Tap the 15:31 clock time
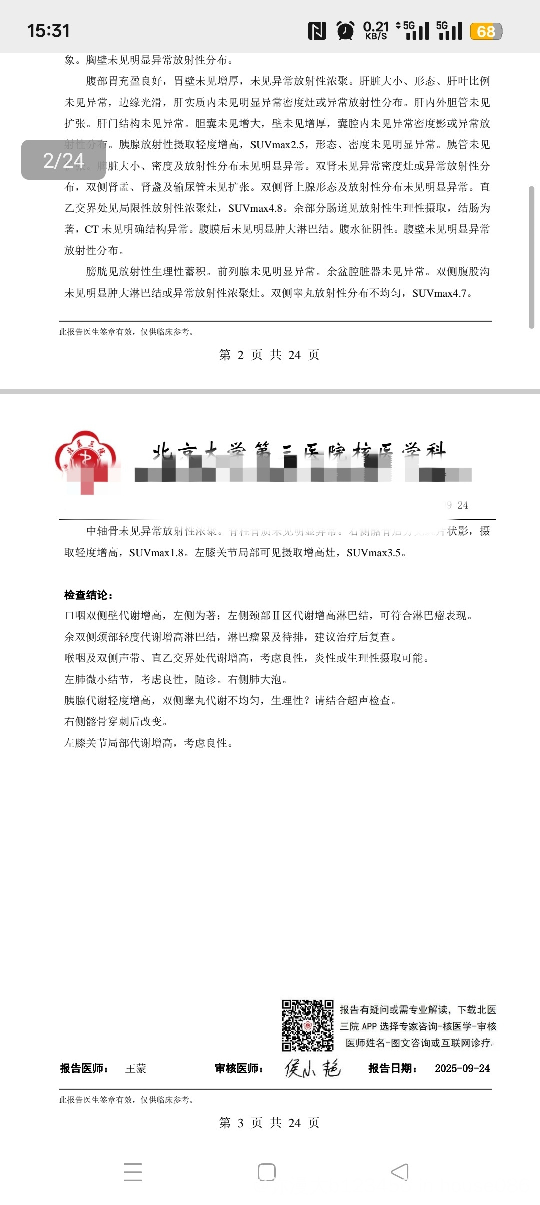click(48, 31)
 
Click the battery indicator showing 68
click(486, 31)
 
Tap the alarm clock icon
click(345, 31)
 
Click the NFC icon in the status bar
click(317, 31)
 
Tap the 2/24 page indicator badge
click(63, 160)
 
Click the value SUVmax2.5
click(277, 145)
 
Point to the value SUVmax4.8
click(255, 208)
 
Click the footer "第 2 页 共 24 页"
click(269, 355)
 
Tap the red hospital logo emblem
click(86, 460)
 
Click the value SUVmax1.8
click(156, 553)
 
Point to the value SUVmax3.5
click(374, 553)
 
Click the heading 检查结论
click(88, 595)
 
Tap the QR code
click(307, 1025)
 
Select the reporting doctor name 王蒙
click(135, 1069)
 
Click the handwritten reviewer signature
click(312, 1068)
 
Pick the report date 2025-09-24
click(462, 1069)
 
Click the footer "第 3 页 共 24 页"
click(269, 1123)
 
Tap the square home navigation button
click(267, 1172)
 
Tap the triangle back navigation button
click(400, 1172)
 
